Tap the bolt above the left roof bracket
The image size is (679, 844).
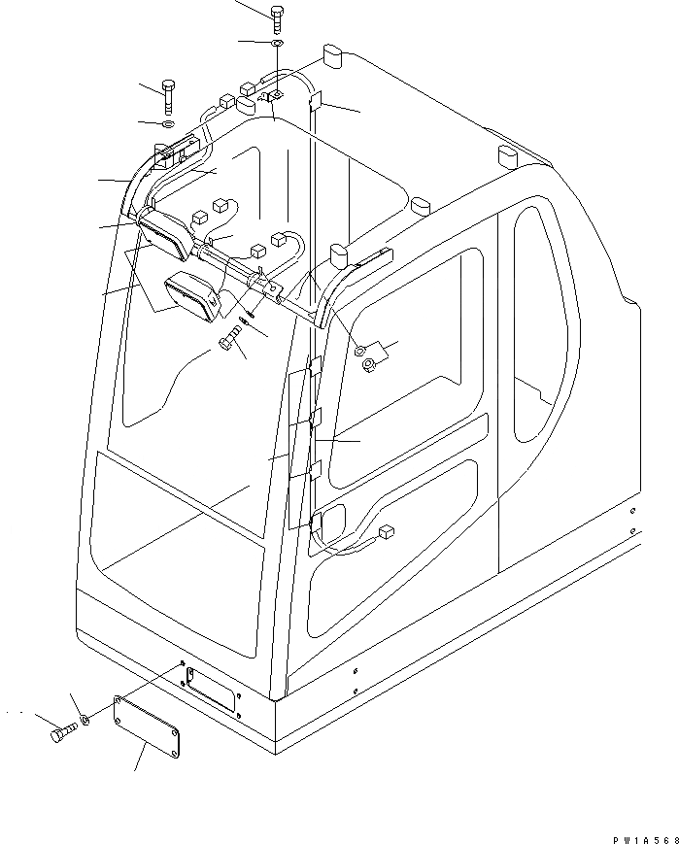point(170,97)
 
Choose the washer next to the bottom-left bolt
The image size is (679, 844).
point(86,720)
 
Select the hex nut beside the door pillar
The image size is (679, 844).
point(370,364)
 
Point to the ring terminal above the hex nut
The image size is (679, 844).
point(361,348)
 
